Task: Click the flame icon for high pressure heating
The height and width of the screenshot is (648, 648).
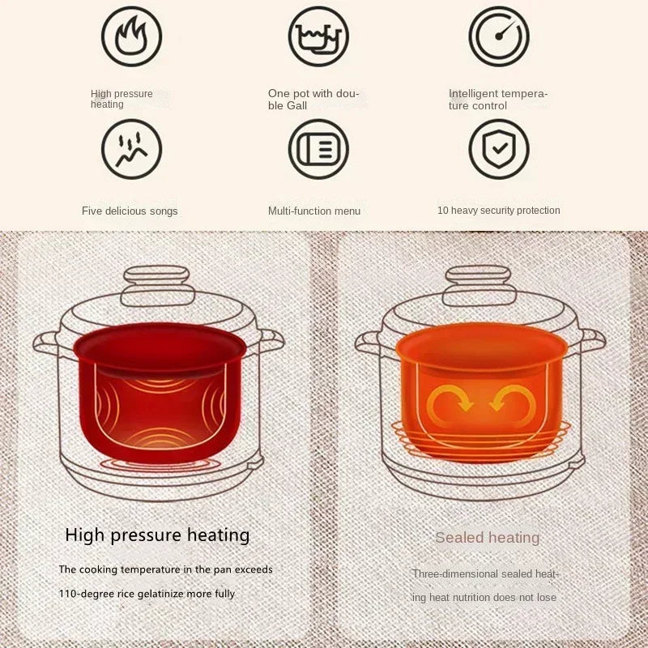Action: pos(131,36)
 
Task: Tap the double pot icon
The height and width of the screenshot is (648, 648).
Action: pos(318,36)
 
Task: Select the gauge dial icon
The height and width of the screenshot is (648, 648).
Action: pos(499,36)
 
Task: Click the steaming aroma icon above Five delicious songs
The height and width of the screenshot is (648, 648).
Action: pos(131,149)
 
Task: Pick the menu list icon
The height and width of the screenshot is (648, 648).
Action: pos(318,149)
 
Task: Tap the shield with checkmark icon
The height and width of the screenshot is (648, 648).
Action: pos(499,149)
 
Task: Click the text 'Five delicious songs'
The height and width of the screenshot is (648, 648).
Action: pos(130,211)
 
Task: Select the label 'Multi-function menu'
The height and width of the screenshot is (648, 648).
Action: pos(314,211)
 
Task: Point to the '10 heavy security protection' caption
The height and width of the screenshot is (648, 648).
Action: pos(498,211)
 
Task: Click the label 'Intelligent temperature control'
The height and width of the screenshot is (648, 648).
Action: pos(498,100)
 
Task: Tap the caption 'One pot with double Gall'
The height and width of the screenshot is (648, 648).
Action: pos(313,100)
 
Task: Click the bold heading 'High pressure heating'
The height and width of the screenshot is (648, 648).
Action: pos(157,535)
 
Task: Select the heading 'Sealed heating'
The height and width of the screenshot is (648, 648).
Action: pos(488,538)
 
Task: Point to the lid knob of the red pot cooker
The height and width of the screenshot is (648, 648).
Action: pos(157,285)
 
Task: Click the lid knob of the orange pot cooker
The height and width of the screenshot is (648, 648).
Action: pos(479,285)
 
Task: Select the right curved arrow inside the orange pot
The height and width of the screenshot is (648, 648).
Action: pos(513,402)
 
